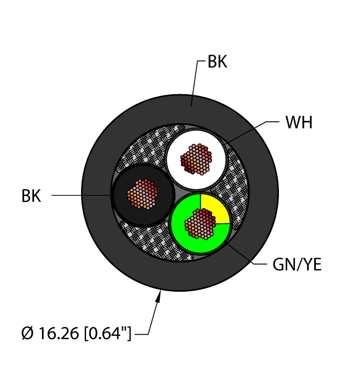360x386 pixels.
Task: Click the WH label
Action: pos(299,122)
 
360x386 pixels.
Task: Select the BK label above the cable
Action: pos(217,62)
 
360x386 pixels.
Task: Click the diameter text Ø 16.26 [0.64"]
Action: pos(74,334)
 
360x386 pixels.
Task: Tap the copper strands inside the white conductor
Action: pos(196,159)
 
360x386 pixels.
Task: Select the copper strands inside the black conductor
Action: pos(142,195)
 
